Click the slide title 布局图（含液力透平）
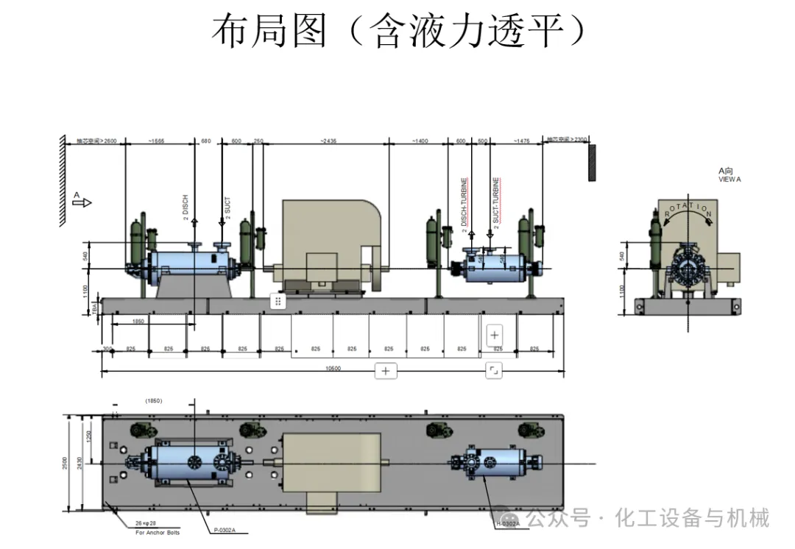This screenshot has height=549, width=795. [398, 32]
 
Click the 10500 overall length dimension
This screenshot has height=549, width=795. [334, 369]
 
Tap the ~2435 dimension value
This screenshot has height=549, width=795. [328, 141]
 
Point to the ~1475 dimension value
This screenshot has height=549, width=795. [520, 141]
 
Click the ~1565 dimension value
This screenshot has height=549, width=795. [156, 141]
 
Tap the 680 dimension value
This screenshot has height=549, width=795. [205, 141]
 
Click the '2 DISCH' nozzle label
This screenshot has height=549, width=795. [185, 208]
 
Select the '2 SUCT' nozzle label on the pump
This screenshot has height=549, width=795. [227, 207]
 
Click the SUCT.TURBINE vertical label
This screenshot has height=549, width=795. [496, 200]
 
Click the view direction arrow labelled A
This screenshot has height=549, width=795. [82, 202]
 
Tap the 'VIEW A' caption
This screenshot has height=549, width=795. [729, 179]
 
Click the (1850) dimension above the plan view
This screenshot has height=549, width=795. [153, 401]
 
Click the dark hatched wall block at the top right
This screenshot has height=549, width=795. [591, 163]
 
